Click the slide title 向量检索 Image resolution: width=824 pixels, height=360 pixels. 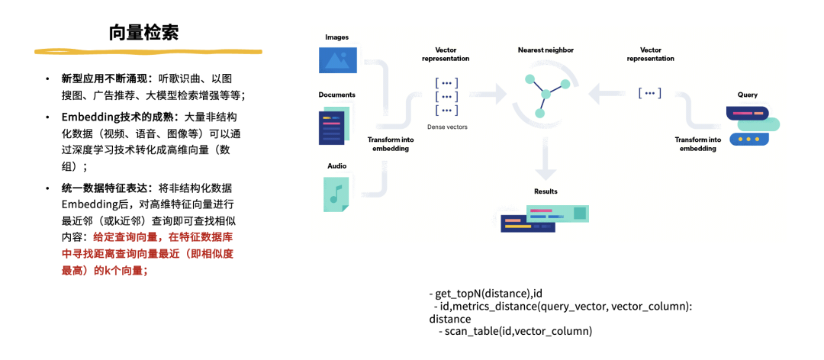point(144,34)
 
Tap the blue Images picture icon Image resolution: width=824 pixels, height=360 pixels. point(337,60)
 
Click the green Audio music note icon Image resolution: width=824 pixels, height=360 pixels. point(336,194)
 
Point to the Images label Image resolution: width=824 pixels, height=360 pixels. point(336,37)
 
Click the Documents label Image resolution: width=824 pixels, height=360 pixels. point(336,95)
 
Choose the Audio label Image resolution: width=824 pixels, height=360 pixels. point(336,164)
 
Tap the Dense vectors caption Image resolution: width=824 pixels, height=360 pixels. point(447,127)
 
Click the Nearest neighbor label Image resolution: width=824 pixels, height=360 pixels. point(546,50)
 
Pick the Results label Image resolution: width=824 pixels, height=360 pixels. point(546,191)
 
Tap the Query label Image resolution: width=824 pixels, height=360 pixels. point(747,95)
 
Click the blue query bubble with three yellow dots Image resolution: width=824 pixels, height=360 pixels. point(748,140)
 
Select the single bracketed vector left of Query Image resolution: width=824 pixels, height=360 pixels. point(649,93)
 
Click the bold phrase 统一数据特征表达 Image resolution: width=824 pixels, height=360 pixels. point(106,188)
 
